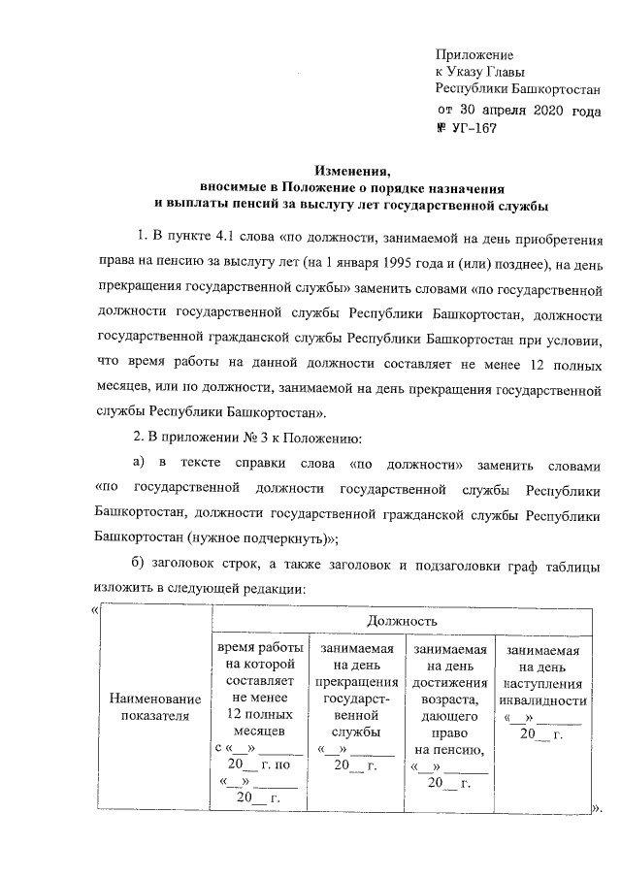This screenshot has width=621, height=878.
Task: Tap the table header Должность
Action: click(401, 619)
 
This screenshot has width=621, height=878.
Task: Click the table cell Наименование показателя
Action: click(155, 706)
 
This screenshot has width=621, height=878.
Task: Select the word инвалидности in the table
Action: click(542, 701)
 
